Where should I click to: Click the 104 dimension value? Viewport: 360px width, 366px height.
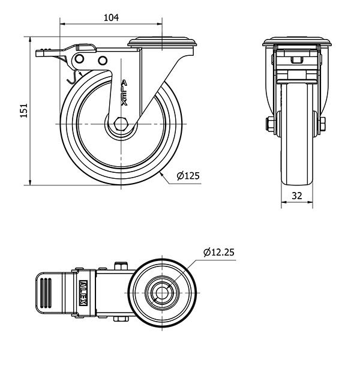110,17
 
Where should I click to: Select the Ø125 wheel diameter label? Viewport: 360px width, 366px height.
188,176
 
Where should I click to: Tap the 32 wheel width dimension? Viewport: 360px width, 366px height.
296,195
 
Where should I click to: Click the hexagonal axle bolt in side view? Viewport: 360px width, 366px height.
121,124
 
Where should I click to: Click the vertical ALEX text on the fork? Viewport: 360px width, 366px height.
124,93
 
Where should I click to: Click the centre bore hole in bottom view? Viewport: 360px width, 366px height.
161,293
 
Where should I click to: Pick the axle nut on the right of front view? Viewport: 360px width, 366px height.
323,124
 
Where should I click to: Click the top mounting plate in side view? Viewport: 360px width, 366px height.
163,42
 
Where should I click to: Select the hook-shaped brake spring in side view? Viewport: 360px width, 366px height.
71,76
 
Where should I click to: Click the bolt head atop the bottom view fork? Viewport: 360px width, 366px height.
122,266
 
